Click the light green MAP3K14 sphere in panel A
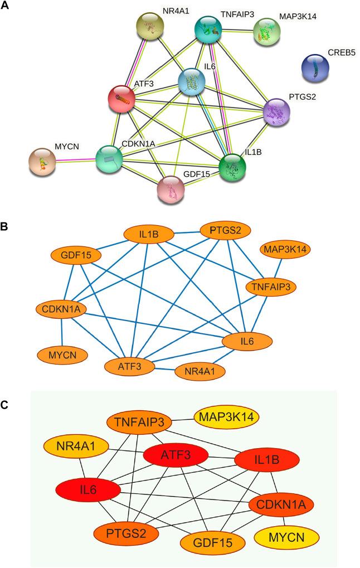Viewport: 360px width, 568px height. click(x=267, y=32)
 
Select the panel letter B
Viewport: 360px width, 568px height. click(x=5, y=227)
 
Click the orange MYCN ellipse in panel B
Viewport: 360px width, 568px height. click(x=62, y=354)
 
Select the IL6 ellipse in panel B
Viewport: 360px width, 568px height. click(x=247, y=341)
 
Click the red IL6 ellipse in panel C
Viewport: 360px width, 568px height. click(x=89, y=490)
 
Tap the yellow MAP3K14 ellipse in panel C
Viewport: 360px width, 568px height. click(x=226, y=416)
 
